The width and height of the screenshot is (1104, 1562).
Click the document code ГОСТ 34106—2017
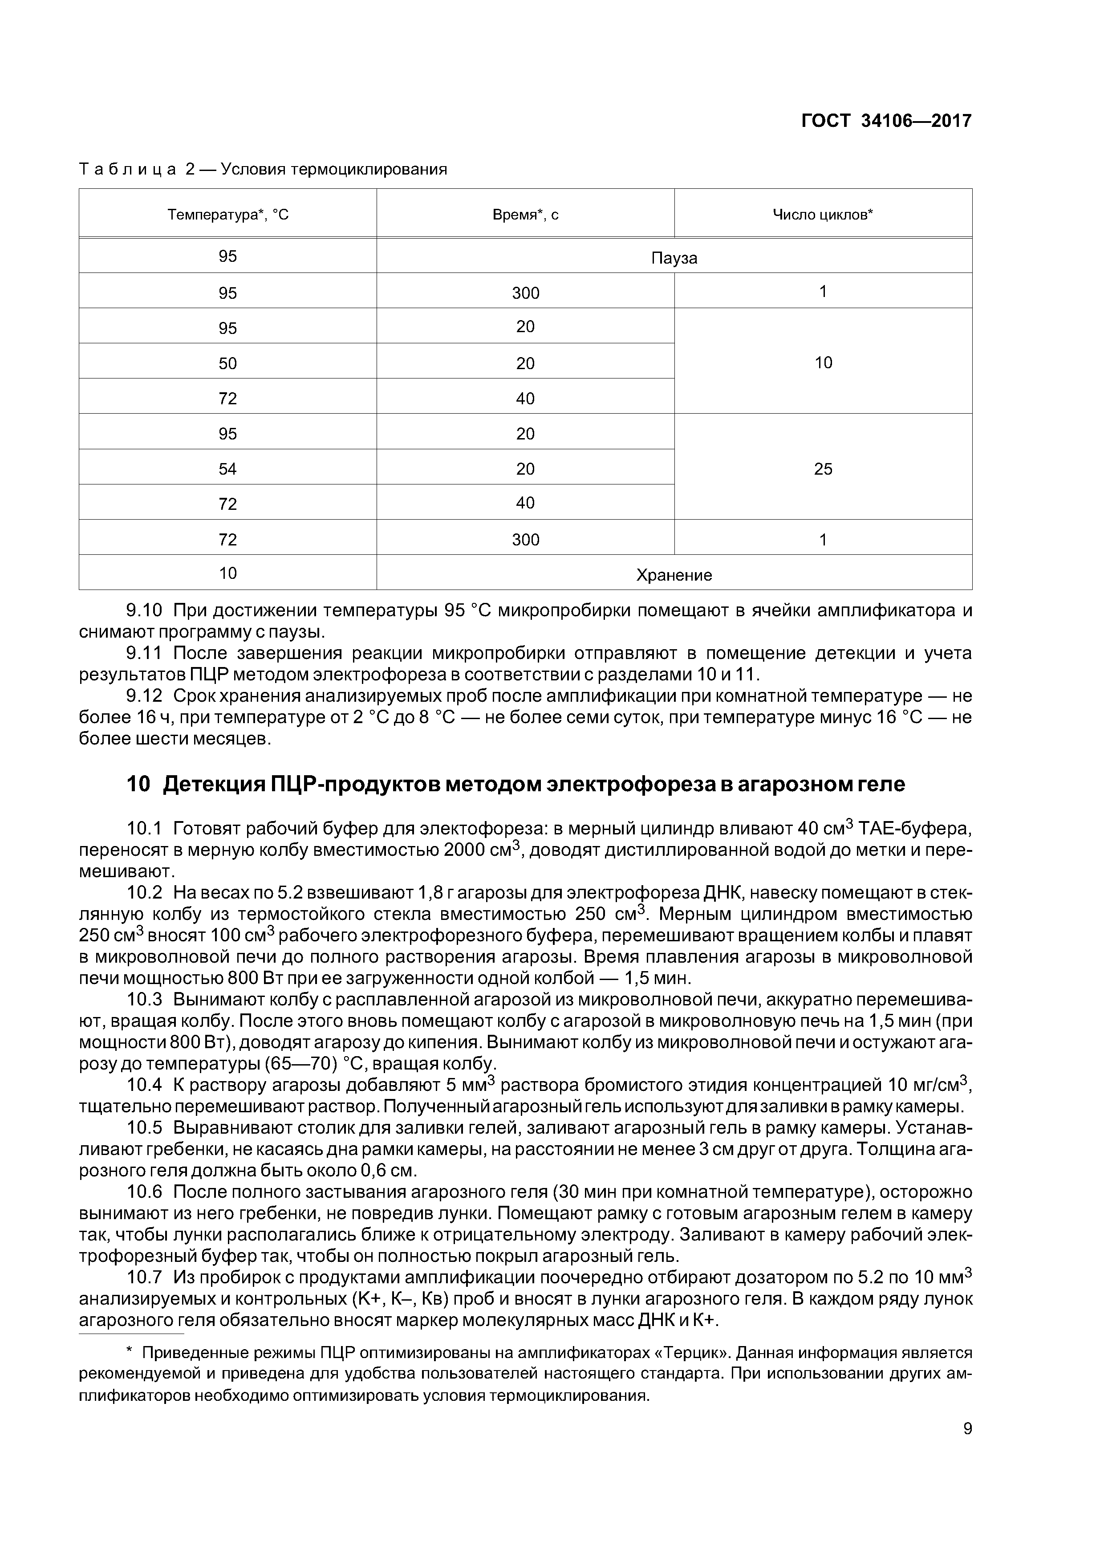(886, 121)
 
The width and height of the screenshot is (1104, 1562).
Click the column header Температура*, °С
(228, 215)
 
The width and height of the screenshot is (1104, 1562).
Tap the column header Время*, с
(525, 215)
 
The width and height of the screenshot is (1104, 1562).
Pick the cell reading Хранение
(674, 575)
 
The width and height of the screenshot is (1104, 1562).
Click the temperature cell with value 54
(228, 469)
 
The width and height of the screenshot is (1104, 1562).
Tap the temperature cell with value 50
(228, 363)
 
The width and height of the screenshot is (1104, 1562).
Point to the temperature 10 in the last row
(228, 574)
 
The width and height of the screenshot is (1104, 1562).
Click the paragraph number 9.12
(144, 696)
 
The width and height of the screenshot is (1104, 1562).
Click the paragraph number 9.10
(144, 610)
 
